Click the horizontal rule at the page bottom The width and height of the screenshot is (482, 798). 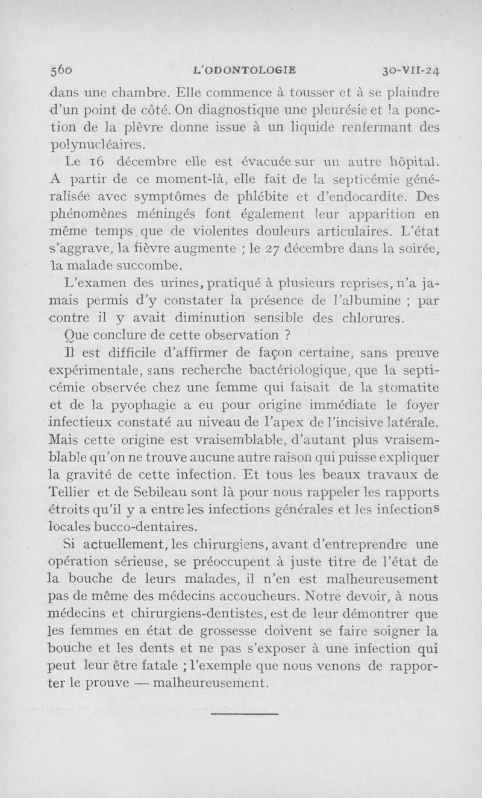[245, 715]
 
